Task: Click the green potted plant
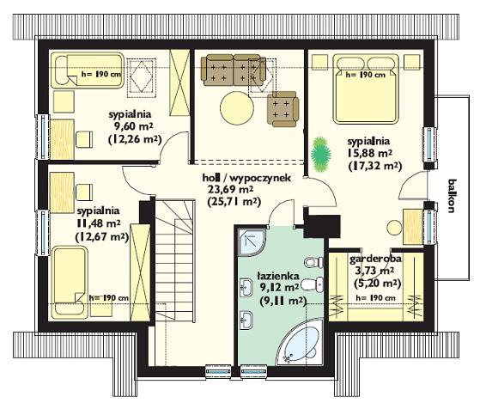click(321, 154)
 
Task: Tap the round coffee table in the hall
click(237, 107)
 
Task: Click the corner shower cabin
click(252, 241)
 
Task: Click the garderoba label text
click(375, 259)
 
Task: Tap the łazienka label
click(278, 276)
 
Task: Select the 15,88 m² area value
click(369, 153)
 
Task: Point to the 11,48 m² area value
click(98, 223)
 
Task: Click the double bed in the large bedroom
click(366, 89)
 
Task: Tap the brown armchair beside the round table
click(283, 109)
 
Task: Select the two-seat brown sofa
click(234, 70)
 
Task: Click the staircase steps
click(175, 260)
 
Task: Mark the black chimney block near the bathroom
click(322, 226)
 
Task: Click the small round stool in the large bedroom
click(394, 229)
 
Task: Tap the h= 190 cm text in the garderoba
click(375, 298)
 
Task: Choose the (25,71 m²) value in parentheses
click(234, 202)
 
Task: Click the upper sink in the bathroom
click(246, 288)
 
